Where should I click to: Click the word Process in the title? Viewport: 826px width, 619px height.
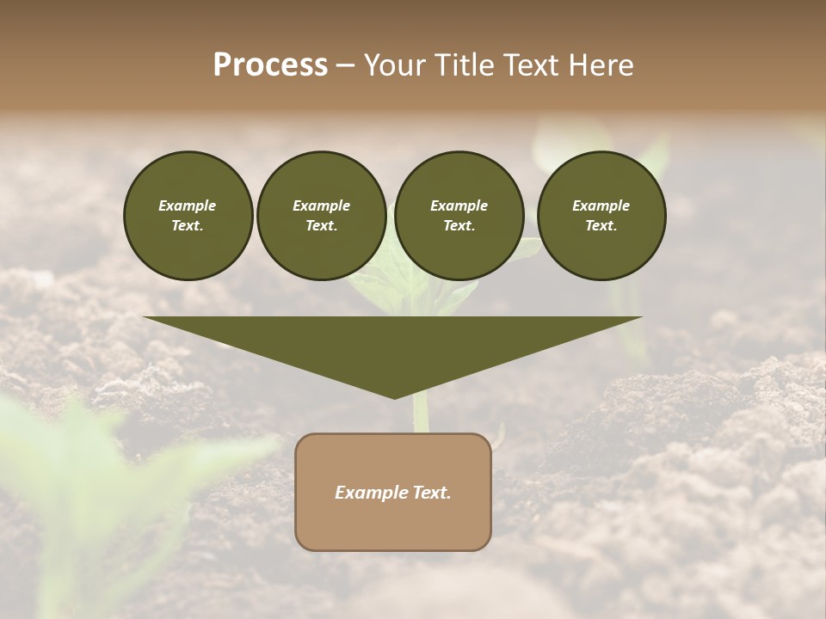pos(270,65)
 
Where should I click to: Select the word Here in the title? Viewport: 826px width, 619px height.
pos(600,65)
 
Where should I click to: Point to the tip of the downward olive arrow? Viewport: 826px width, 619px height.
pos(394,396)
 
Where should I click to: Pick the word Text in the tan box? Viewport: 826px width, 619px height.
pos(429,493)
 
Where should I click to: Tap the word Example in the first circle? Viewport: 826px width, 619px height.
pos(188,205)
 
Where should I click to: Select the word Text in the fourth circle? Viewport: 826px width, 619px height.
pos(601,225)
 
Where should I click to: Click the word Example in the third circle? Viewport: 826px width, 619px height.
pos(459,205)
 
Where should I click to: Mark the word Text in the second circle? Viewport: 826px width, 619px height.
pos(321,225)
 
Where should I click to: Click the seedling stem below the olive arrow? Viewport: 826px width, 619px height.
pos(421,415)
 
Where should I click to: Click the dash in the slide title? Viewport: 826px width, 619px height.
pos(345,66)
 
